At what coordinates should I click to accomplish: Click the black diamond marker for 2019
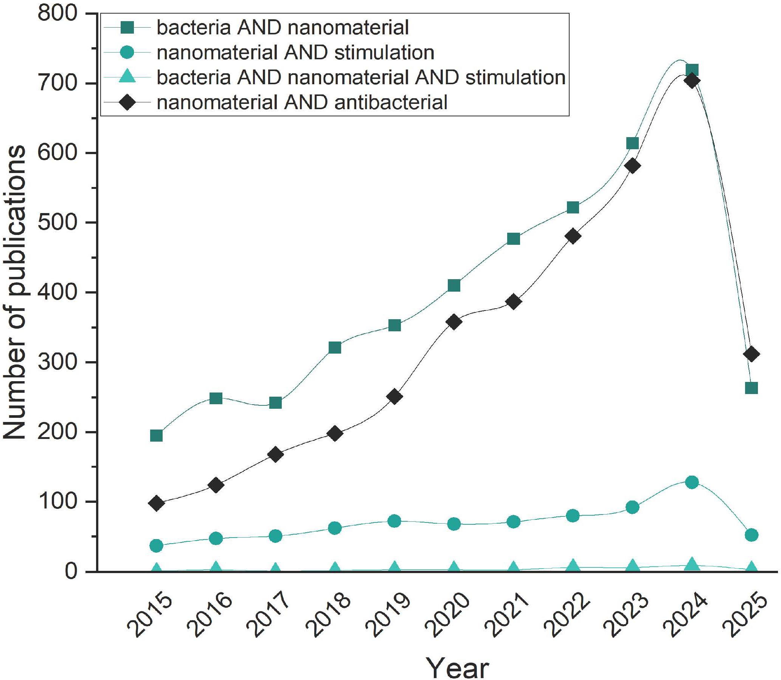coord(394,397)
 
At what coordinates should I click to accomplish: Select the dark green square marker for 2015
coord(157,436)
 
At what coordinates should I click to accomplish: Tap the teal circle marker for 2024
coord(692,482)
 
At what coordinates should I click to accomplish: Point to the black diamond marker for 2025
coord(751,354)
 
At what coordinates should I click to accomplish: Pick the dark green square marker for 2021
coord(513,239)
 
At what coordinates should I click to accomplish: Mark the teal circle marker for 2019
coord(394,521)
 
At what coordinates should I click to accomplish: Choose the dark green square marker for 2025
coord(751,388)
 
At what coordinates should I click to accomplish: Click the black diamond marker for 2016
coord(216,485)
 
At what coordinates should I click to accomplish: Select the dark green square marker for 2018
coord(335,347)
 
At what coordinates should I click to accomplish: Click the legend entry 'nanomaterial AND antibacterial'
coord(301,102)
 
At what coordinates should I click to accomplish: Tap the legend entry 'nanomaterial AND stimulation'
coord(295,53)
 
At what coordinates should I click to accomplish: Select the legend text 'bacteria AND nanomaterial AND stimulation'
coord(361,77)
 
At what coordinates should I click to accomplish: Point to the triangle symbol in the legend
coord(127,77)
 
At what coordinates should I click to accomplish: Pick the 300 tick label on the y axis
coord(57,362)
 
